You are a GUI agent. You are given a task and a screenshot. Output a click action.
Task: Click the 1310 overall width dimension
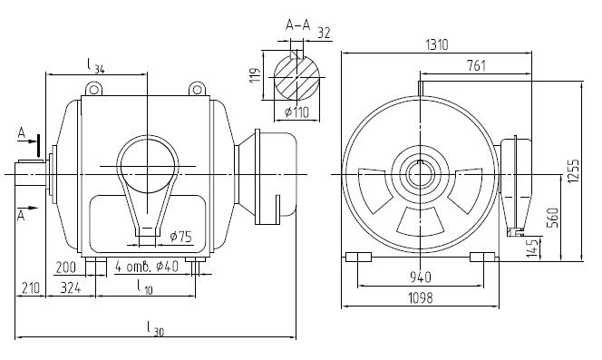click(437, 45)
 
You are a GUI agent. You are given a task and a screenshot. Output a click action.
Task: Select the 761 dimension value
click(476, 65)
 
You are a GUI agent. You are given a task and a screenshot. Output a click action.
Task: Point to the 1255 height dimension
click(574, 170)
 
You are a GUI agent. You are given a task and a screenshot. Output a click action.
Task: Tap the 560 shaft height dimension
click(554, 218)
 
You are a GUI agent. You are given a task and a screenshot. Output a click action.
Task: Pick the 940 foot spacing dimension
click(421, 277)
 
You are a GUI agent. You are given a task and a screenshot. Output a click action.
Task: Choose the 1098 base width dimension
click(420, 297)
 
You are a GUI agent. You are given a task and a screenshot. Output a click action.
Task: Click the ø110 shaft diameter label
click(296, 112)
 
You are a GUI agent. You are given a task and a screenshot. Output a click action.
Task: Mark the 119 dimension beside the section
click(256, 75)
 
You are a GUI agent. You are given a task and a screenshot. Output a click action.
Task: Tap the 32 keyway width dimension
click(324, 33)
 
